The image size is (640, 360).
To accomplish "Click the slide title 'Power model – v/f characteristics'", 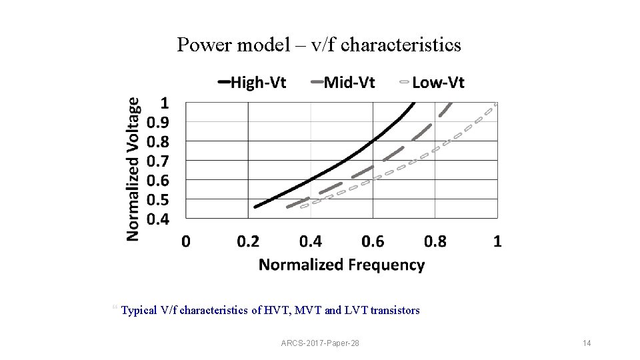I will click(319, 45).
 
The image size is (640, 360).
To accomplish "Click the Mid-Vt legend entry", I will click(343, 83).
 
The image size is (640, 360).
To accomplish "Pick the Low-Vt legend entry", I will click(431, 83).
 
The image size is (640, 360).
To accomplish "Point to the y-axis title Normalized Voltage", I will click(134, 169).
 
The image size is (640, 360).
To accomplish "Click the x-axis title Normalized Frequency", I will click(341, 265).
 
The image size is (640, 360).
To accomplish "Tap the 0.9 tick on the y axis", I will click(158, 122).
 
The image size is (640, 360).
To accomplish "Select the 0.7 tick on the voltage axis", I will click(158, 161).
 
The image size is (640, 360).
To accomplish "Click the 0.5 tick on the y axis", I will click(158, 200).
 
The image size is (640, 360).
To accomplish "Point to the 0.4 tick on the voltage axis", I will click(158, 219).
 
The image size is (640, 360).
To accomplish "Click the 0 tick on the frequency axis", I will click(186, 241).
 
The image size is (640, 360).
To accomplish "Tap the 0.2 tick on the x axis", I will click(248, 241).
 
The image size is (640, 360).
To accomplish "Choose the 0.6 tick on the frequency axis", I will click(373, 241).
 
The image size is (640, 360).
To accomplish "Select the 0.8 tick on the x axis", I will click(435, 241).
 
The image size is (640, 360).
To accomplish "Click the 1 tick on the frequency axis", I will click(497, 241).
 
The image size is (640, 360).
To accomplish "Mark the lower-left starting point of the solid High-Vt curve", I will click(255, 207).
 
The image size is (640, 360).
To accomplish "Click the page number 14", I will click(587, 343).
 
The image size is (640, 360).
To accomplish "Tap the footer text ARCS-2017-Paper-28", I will click(320, 343).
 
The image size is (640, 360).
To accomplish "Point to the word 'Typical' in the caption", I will click(140, 310).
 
